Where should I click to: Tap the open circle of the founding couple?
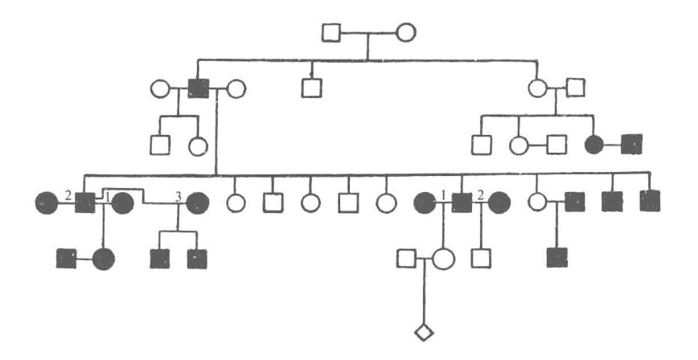point(405,34)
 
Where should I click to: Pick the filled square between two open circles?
point(198,87)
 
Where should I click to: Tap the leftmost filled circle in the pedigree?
point(46,203)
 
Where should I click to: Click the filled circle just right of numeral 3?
point(197,203)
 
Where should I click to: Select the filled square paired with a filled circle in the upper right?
point(632,145)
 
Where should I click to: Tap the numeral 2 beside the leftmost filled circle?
point(68,195)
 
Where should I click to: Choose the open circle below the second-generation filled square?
point(198,145)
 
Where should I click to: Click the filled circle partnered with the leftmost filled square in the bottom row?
point(104,259)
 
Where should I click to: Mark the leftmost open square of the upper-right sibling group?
point(481,145)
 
